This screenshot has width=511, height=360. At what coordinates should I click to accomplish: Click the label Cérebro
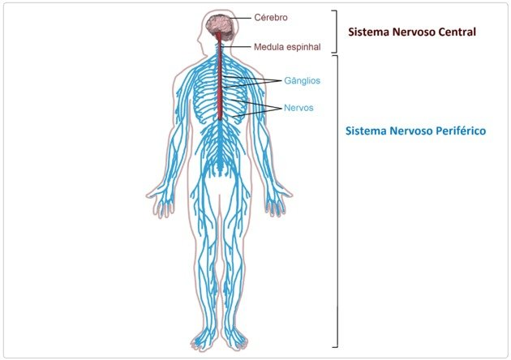(271, 17)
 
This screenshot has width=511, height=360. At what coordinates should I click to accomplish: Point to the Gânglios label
(302, 80)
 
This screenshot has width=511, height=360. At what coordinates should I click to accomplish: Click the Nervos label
(298, 108)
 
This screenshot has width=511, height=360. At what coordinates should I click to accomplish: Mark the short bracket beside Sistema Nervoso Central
(335, 32)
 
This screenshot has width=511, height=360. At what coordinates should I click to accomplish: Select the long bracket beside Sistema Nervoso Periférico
(337, 201)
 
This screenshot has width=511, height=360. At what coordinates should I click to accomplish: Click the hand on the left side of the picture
(160, 201)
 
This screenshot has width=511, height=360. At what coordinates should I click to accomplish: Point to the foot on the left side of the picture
(204, 340)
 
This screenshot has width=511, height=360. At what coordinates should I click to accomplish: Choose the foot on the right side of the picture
(235, 340)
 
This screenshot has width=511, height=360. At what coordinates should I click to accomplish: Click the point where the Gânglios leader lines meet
(281, 80)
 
